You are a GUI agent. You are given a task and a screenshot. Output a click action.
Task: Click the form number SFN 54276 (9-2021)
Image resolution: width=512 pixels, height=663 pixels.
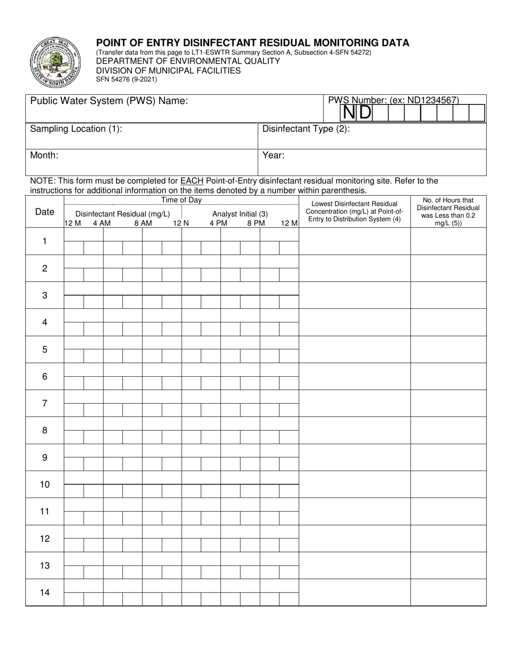click(x=127, y=79)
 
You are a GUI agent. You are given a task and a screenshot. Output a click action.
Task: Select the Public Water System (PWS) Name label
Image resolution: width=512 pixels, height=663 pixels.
click(x=109, y=101)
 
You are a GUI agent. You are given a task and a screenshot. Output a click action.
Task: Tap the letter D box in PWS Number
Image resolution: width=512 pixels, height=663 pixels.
click(x=365, y=113)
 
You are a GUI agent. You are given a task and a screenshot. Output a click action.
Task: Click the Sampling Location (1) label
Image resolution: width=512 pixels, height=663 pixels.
click(x=76, y=129)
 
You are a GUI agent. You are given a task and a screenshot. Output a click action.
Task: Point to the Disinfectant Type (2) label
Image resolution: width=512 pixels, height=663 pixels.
click(x=306, y=129)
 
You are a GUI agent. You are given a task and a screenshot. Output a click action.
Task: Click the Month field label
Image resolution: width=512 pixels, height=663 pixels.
click(x=44, y=155)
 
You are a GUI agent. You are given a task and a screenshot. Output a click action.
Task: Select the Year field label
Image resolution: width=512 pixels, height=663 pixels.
click(x=273, y=155)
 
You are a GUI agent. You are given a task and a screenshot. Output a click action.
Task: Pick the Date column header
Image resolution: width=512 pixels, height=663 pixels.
click(x=45, y=212)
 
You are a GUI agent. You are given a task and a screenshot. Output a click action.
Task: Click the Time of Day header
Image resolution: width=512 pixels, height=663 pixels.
click(x=182, y=200)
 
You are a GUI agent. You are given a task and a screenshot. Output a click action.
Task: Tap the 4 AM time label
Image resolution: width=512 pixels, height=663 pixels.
click(x=101, y=223)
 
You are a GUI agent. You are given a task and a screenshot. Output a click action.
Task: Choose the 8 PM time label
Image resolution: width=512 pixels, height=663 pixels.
click(x=256, y=223)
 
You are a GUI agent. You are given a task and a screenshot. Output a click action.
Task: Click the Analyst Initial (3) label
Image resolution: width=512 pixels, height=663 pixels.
click(x=240, y=213)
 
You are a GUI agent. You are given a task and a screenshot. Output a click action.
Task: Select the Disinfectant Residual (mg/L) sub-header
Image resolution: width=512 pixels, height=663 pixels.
click(x=122, y=213)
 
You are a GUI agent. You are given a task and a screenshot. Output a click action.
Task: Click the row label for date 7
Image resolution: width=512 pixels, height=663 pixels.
click(x=45, y=403)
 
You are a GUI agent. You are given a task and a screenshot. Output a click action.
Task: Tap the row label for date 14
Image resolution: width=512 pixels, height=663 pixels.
click(x=45, y=592)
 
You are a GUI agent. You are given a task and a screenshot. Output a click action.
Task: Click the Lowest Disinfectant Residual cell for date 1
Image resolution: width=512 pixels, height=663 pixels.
click(x=354, y=241)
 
